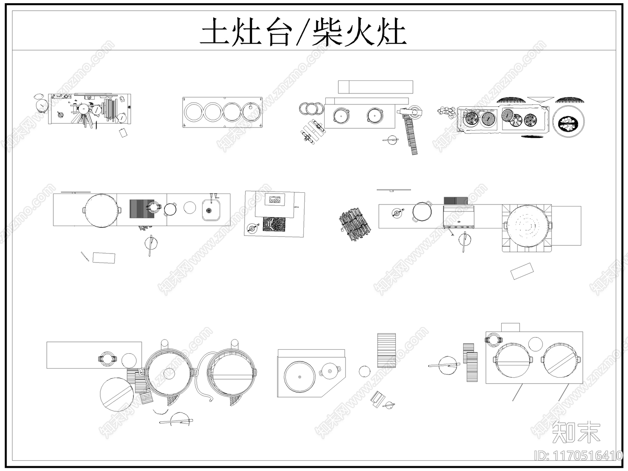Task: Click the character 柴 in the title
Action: click(326, 32)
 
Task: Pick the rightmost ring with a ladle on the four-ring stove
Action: click(251, 112)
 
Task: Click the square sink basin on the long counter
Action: click(212, 210)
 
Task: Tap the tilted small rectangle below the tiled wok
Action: click(522, 271)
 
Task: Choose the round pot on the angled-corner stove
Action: click(299, 376)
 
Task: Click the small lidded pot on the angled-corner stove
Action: click(330, 371)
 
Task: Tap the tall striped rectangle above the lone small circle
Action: click(386, 349)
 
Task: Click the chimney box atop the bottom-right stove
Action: click(510, 327)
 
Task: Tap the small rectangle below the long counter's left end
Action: click(104, 257)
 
